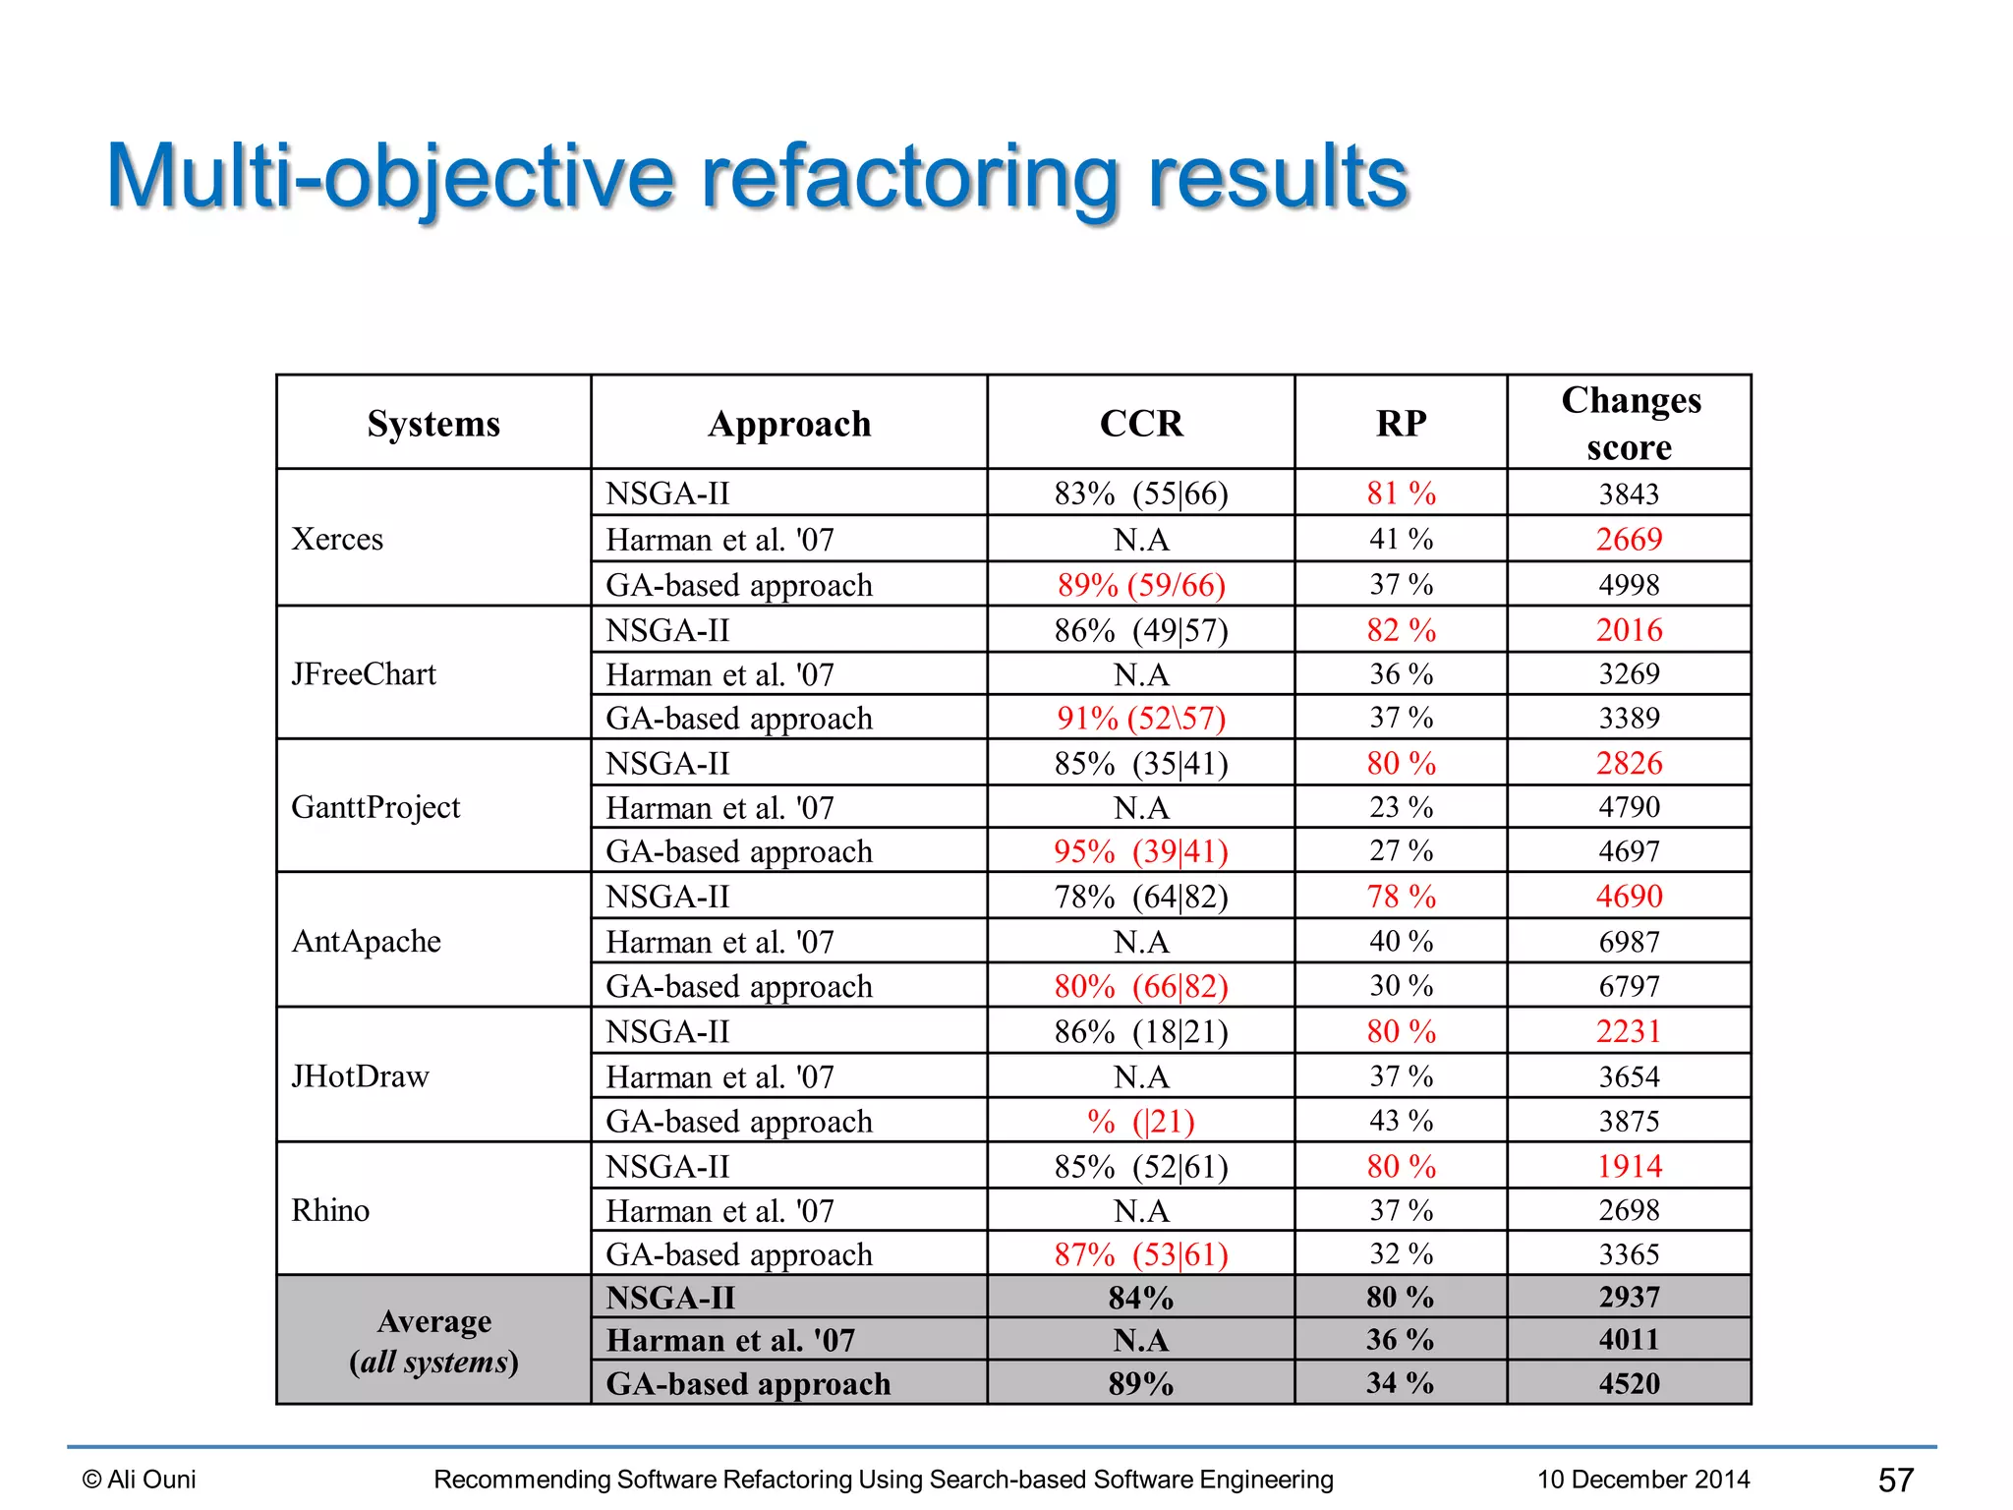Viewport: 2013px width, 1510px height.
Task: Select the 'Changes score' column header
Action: click(x=1630, y=423)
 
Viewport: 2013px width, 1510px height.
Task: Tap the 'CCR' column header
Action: click(x=1140, y=424)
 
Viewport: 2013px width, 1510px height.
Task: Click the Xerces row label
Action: click(x=337, y=539)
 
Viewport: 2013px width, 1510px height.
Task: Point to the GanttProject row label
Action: click(x=375, y=807)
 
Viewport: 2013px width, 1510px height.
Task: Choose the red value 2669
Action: click(x=1629, y=539)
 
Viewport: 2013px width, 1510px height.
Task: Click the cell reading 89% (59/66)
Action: click(x=1140, y=585)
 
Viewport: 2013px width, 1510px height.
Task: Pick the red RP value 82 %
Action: click(x=1401, y=630)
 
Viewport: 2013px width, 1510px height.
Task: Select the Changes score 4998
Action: click(x=1629, y=585)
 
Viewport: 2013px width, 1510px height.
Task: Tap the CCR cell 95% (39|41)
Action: click(x=1140, y=851)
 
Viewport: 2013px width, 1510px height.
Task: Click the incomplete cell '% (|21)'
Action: click(x=1140, y=1121)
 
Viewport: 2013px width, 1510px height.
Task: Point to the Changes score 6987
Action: click(x=1629, y=942)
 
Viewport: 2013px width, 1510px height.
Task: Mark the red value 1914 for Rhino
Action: click(x=1629, y=1166)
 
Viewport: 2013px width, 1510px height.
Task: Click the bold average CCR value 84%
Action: click(x=1140, y=1298)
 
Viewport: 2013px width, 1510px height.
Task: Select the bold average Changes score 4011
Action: click(x=1629, y=1340)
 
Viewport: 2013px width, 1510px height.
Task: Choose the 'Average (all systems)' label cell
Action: click(x=433, y=1341)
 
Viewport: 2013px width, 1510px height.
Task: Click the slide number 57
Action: click(x=1895, y=1480)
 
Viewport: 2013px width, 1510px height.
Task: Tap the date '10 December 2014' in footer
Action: click(x=1643, y=1480)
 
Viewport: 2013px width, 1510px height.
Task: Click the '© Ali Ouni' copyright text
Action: click(x=140, y=1480)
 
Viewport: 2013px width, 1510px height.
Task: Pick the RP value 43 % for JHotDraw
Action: click(x=1401, y=1121)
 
